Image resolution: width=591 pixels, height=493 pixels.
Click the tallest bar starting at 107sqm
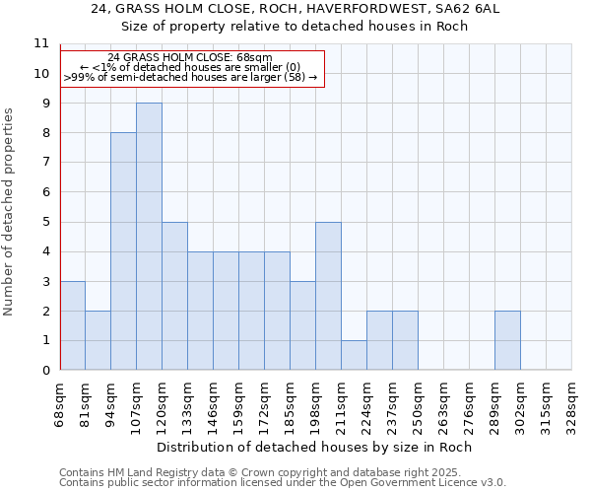click(x=149, y=237)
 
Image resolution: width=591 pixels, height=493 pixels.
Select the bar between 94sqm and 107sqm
click(x=123, y=251)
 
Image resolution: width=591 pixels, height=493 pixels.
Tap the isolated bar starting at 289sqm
click(x=507, y=340)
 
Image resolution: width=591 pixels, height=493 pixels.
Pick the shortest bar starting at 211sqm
click(x=354, y=355)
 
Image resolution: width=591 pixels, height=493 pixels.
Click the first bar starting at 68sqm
click(x=72, y=325)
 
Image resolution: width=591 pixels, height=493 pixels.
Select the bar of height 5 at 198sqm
click(x=328, y=296)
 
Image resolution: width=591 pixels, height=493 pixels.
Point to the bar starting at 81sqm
click(x=98, y=340)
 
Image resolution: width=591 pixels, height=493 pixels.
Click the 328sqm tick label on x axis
click(x=571, y=404)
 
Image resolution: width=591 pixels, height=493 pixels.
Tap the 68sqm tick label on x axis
click(x=60, y=404)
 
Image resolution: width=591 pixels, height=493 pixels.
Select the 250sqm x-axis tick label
click(x=418, y=404)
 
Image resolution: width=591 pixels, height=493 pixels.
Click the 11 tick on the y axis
click(x=41, y=43)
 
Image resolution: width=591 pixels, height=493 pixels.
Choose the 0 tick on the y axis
click(x=45, y=371)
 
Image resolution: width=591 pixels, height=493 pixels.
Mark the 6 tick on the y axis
click(x=45, y=192)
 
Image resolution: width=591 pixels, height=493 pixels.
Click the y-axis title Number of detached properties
click(x=10, y=212)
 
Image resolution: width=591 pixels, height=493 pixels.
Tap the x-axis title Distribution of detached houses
click(x=315, y=447)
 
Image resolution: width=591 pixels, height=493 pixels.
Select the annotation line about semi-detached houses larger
click(x=190, y=77)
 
